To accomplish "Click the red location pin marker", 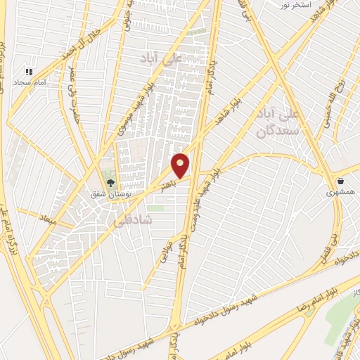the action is point(181,165).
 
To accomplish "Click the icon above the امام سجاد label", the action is point(30,72).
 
